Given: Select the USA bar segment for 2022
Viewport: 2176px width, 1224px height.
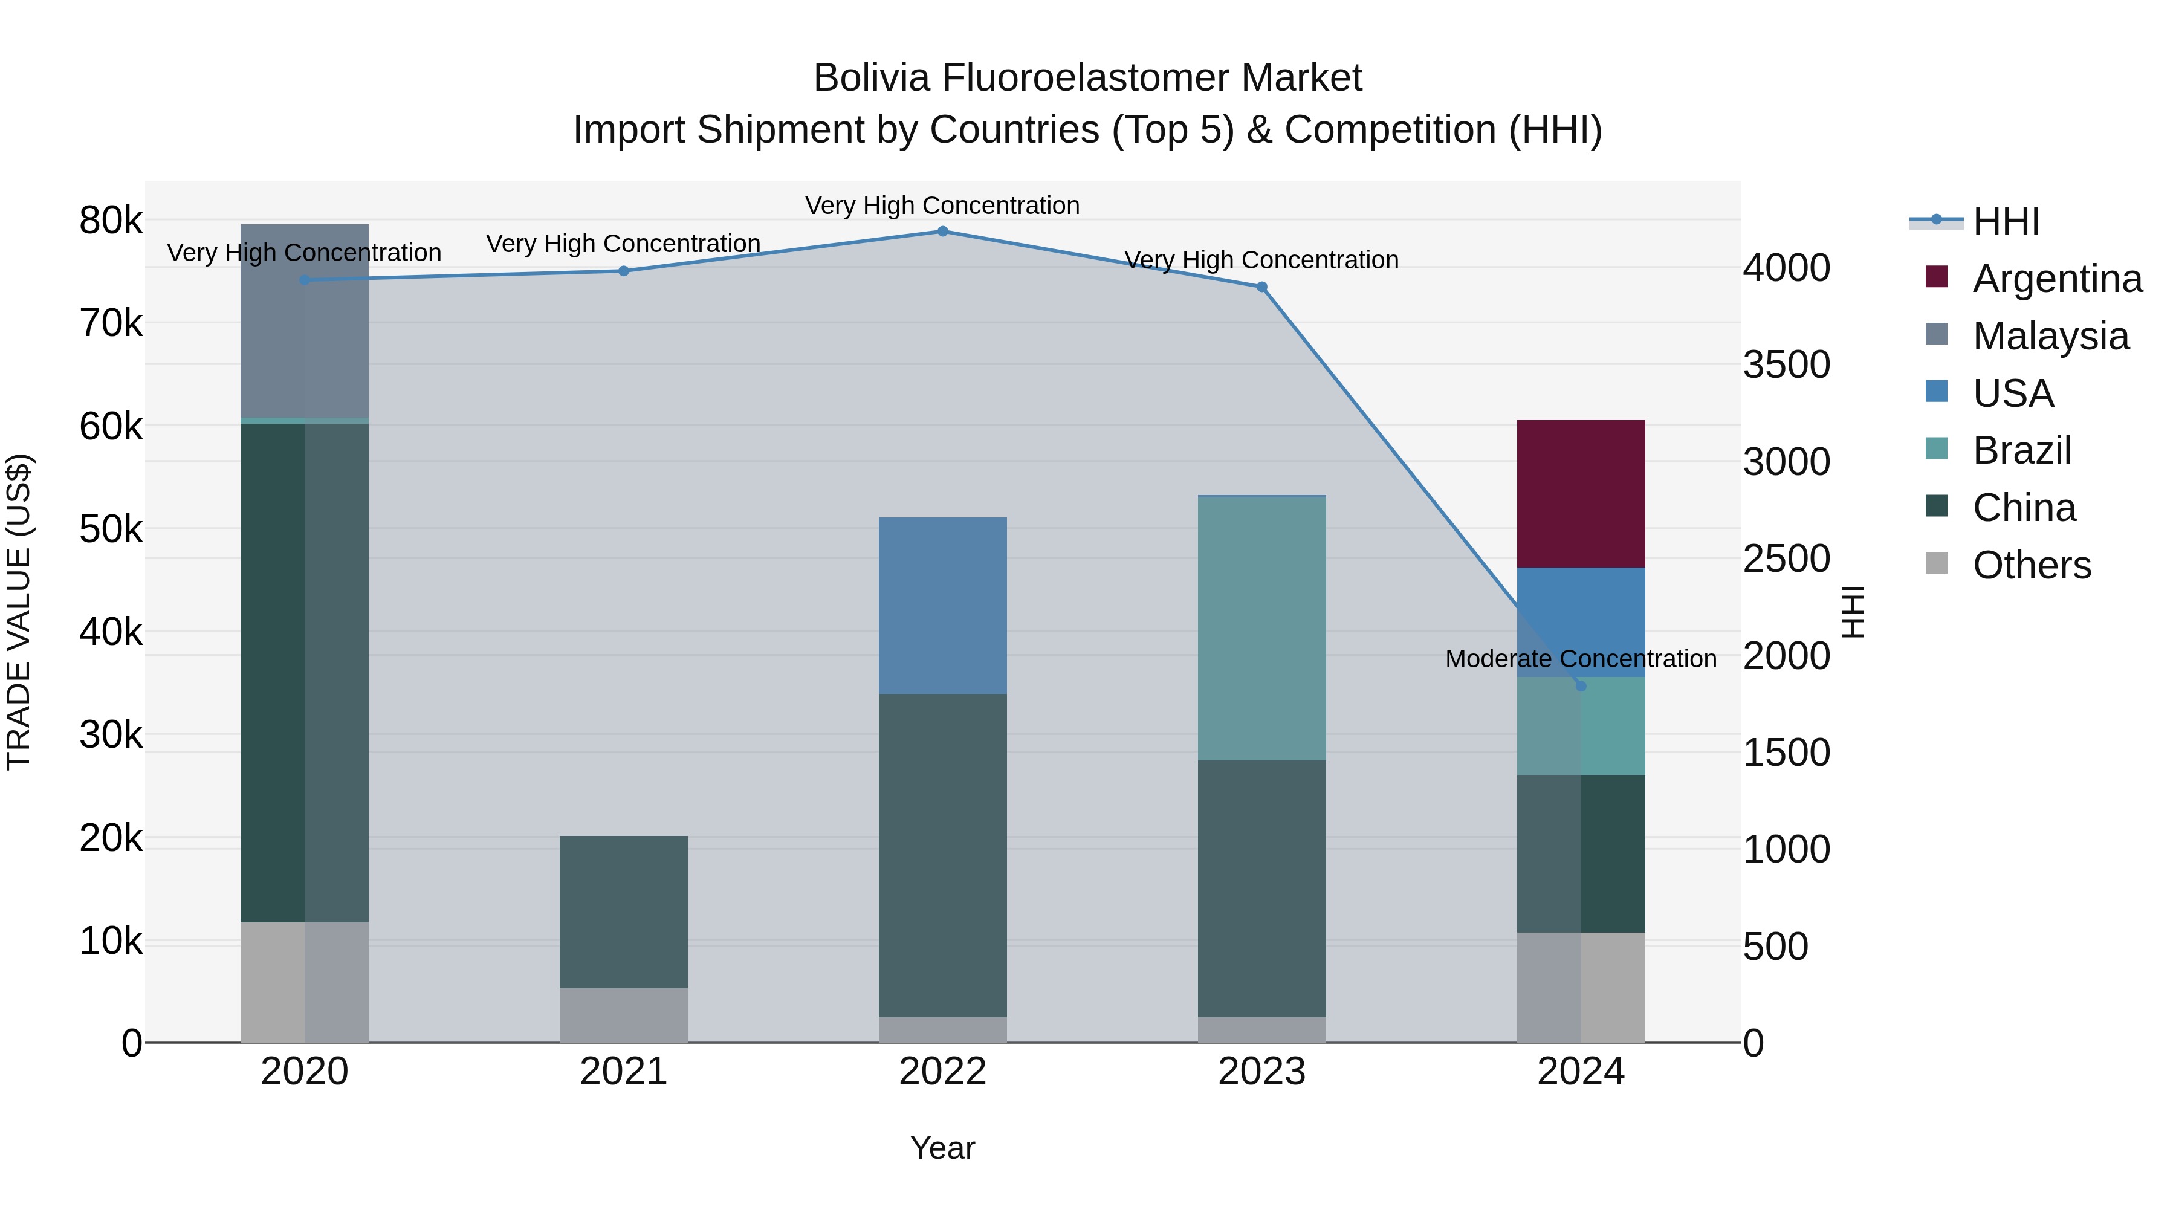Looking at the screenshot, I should [943, 605].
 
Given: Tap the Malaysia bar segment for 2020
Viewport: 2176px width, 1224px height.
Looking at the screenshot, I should [304, 321].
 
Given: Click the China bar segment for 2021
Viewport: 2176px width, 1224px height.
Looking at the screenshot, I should [623, 912].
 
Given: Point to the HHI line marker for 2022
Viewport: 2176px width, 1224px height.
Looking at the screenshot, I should [943, 232].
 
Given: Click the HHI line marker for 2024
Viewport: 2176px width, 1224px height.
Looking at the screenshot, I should [1581, 686].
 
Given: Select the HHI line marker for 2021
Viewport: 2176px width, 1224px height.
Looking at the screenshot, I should [623, 271].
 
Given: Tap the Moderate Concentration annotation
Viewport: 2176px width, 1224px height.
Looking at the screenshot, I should [1581, 659].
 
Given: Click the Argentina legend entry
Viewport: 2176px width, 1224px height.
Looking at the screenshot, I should [2057, 279].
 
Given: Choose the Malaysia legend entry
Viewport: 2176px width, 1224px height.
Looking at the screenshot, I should [2050, 336].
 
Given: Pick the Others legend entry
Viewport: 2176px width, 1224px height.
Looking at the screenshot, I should [2032, 565].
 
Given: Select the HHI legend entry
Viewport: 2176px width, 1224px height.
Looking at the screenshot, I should [2006, 221].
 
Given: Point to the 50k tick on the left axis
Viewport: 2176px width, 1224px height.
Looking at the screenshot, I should [111, 529].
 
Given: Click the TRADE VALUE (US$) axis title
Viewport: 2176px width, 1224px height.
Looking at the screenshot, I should [19, 612].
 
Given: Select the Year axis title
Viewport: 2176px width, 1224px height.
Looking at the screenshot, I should [943, 1148].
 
